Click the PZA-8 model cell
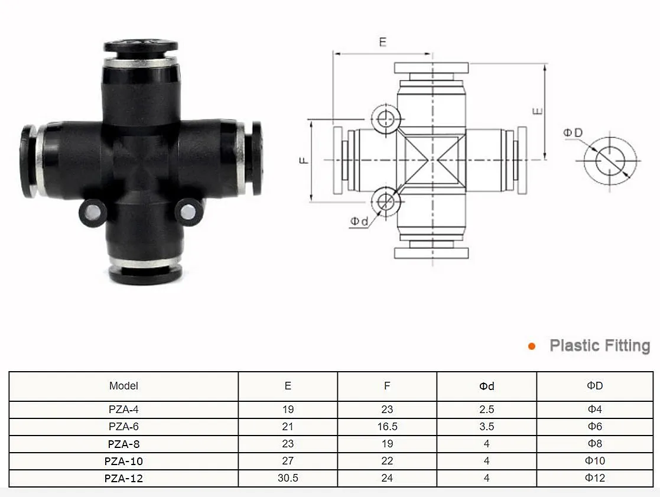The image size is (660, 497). pyautogui.click(x=123, y=444)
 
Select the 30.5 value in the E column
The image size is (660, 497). pyautogui.click(x=288, y=478)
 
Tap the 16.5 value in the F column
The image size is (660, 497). pyautogui.click(x=387, y=427)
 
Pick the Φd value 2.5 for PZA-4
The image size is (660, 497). pyautogui.click(x=487, y=410)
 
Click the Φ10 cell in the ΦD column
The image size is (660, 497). pyautogui.click(x=595, y=461)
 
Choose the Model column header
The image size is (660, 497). pyautogui.click(x=123, y=386)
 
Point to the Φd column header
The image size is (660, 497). pyautogui.click(x=487, y=386)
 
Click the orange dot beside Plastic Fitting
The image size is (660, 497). pyautogui.click(x=532, y=346)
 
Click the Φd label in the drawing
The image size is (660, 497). pyautogui.click(x=359, y=221)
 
